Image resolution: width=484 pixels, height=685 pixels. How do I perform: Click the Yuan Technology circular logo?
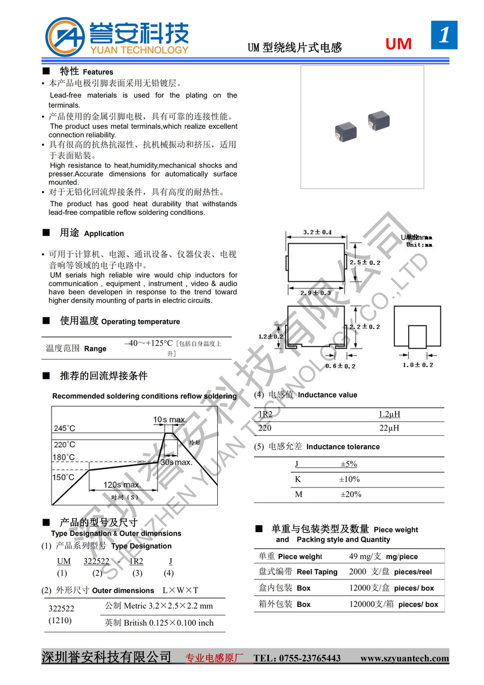click(x=65, y=37)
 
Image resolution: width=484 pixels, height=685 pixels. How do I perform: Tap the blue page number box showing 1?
click(x=444, y=35)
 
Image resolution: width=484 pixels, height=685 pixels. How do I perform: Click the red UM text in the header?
click(x=398, y=44)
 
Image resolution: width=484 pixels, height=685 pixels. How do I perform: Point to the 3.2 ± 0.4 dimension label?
click(x=317, y=232)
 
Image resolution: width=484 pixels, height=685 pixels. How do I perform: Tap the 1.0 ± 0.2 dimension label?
click(x=418, y=365)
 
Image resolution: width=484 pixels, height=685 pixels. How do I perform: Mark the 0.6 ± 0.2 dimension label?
click(x=340, y=366)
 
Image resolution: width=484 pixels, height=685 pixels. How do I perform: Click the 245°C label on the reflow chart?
click(x=65, y=428)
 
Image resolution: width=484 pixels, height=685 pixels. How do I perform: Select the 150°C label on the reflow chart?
click(x=63, y=477)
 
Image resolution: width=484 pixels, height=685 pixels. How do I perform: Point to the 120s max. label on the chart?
click(x=122, y=485)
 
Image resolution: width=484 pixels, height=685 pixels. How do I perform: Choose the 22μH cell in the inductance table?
click(x=389, y=428)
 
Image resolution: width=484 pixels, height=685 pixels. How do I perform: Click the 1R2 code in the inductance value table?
click(x=266, y=414)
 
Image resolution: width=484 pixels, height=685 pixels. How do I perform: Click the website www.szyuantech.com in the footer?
click(x=404, y=658)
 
